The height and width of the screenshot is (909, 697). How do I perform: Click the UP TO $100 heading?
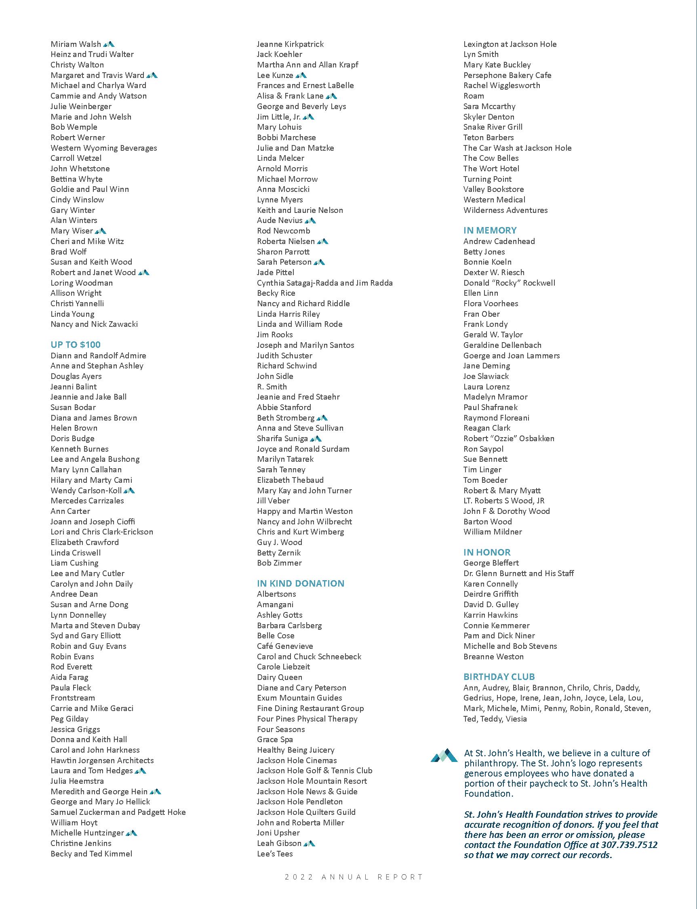pos(76,345)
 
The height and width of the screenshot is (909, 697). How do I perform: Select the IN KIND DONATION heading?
pos(300,583)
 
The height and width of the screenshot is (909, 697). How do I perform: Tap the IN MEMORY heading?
pos(490,230)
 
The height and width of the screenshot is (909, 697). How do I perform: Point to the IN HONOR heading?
pos(487,552)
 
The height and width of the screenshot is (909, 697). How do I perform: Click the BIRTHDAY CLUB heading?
pos(499,677)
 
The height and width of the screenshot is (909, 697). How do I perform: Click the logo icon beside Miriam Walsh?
pos(109,44)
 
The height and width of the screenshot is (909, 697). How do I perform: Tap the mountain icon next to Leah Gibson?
pos(310,843)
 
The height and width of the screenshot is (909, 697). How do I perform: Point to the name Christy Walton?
pos(77,65)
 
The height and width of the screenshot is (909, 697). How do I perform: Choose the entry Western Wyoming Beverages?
pos(104,148)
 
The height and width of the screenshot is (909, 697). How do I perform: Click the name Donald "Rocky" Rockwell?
pos(509,283)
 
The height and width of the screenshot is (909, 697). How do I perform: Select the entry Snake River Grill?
pos(493,127)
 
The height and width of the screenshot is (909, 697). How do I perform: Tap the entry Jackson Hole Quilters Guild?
pos(306,812)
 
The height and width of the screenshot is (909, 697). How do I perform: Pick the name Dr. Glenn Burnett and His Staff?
pos(518,573)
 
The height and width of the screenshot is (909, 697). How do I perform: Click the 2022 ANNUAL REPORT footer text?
pos(354,877)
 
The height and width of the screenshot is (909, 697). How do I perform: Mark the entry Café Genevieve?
pos(285,646)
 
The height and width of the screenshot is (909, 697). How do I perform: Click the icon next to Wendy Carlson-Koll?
pos(129,490)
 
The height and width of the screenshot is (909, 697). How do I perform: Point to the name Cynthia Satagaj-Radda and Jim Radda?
pos(325,283)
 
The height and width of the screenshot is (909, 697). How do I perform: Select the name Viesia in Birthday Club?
pos(516,719)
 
